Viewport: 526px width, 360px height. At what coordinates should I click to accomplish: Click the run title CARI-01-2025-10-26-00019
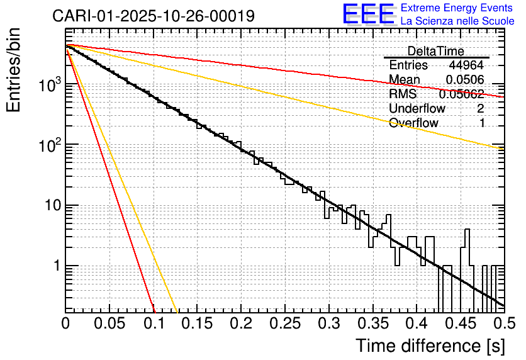click(154, 16)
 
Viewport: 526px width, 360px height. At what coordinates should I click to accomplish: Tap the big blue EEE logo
click(368, 14)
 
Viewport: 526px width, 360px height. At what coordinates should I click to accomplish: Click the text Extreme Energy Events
click(457, 8)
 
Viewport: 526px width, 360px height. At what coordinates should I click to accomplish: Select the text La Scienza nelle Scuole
click(457, 21)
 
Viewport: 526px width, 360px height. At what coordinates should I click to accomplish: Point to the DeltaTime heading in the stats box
click(435, 51)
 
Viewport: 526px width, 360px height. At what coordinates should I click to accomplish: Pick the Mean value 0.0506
click(465, 80)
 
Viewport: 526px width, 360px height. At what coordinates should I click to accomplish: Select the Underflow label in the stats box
click(417, 108)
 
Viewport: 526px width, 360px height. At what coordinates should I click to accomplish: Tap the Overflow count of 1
click(482, 123)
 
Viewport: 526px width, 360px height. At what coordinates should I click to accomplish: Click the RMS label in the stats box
click(403, 94)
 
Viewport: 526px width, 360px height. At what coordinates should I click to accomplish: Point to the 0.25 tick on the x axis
click(284, 323)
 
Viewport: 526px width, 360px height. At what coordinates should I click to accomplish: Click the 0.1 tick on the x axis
click(153, 323)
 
